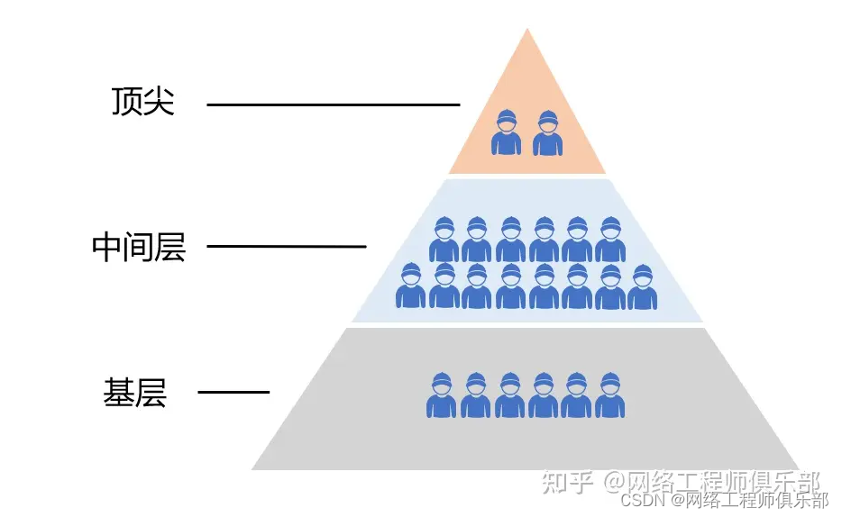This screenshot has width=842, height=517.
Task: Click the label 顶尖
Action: tap(142, 102)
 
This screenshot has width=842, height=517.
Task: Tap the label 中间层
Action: tap(138, 247)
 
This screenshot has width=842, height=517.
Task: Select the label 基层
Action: tap(135, 393)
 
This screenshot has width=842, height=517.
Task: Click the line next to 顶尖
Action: tap(333, 104)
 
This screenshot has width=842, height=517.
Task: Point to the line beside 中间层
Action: tap(286, 246)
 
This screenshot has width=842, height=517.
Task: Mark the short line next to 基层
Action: tap(233, 392)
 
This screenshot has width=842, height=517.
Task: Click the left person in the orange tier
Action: tap(507, 132)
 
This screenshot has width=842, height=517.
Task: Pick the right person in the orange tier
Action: tap(546, 132)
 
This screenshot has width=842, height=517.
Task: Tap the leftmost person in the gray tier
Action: tap(442, 395)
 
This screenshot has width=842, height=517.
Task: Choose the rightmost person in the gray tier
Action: tap(610, 395)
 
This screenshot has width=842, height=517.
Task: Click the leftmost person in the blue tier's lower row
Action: tap(410, 286)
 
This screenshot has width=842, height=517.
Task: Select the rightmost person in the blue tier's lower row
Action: tap(642, 286)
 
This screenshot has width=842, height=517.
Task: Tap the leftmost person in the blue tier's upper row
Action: tap(444, 240)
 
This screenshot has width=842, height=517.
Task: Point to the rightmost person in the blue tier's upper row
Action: tap(609, 240)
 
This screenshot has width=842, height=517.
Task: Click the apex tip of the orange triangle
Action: tap(527, 30)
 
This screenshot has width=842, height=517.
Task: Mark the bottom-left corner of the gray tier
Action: tap(254, 468)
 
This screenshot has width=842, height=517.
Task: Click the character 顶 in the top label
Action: tap(126, 102)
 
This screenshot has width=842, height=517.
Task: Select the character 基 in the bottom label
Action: tap(119, 393)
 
